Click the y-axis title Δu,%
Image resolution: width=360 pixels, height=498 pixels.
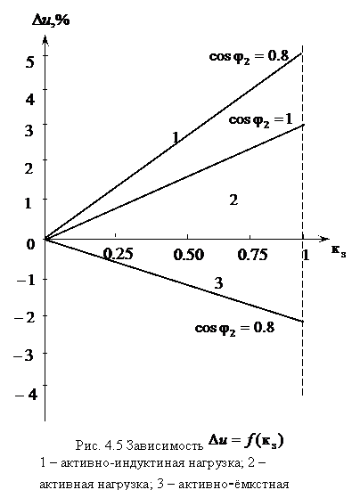(x=51, y=21)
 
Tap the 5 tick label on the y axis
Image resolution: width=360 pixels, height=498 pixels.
(x=29, y=61)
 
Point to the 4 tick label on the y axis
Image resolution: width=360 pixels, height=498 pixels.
(x=30, y=100)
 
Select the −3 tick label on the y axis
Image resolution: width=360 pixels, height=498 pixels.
(x=23, y=355)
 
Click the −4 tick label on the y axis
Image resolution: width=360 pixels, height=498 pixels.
(x=26, y=395)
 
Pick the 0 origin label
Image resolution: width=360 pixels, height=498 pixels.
(x=30, y=244)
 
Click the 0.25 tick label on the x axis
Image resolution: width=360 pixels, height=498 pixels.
(x=118, y=254)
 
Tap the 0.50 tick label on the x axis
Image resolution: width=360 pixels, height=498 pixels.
(x=188, y=255)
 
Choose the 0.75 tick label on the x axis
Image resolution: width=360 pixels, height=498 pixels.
(x=252, y=255)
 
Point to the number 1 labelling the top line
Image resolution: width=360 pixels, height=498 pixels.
(x=176, y=137)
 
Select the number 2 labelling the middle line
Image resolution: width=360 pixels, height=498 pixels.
(x=233, y=200)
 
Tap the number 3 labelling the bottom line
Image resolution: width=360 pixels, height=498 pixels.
(x=218, y=283)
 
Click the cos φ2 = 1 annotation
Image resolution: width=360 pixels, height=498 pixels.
(x=260, y=120)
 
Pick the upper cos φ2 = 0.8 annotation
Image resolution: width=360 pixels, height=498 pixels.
(x=249, y=57)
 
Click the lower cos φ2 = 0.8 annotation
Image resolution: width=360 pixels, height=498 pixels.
(x=234, y=328)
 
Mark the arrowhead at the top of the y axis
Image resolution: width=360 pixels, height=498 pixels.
(x=45, y=40)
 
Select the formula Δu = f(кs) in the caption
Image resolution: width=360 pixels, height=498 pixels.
(x=246, y=441)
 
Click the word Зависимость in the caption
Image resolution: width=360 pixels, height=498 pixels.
(x=165, y=445)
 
